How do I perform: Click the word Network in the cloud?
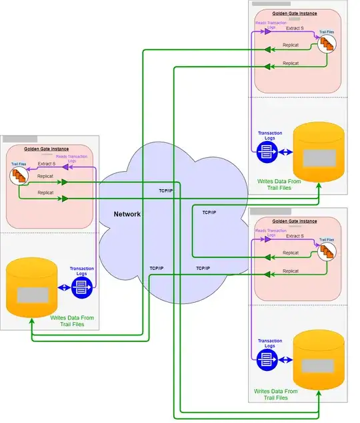pos(127,214)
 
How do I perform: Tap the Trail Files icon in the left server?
pos(18,176)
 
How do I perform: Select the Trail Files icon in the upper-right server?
pos(326,43)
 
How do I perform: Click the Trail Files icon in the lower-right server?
pos(326,251)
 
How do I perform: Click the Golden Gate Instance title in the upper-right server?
pos(295,13)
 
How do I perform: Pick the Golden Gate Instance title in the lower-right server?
pos(295,221)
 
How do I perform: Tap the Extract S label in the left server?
pos(47,164)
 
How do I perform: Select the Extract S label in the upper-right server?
pos(295,28)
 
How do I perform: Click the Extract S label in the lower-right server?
pos(295,236)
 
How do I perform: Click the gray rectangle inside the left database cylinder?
pos(31,294)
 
